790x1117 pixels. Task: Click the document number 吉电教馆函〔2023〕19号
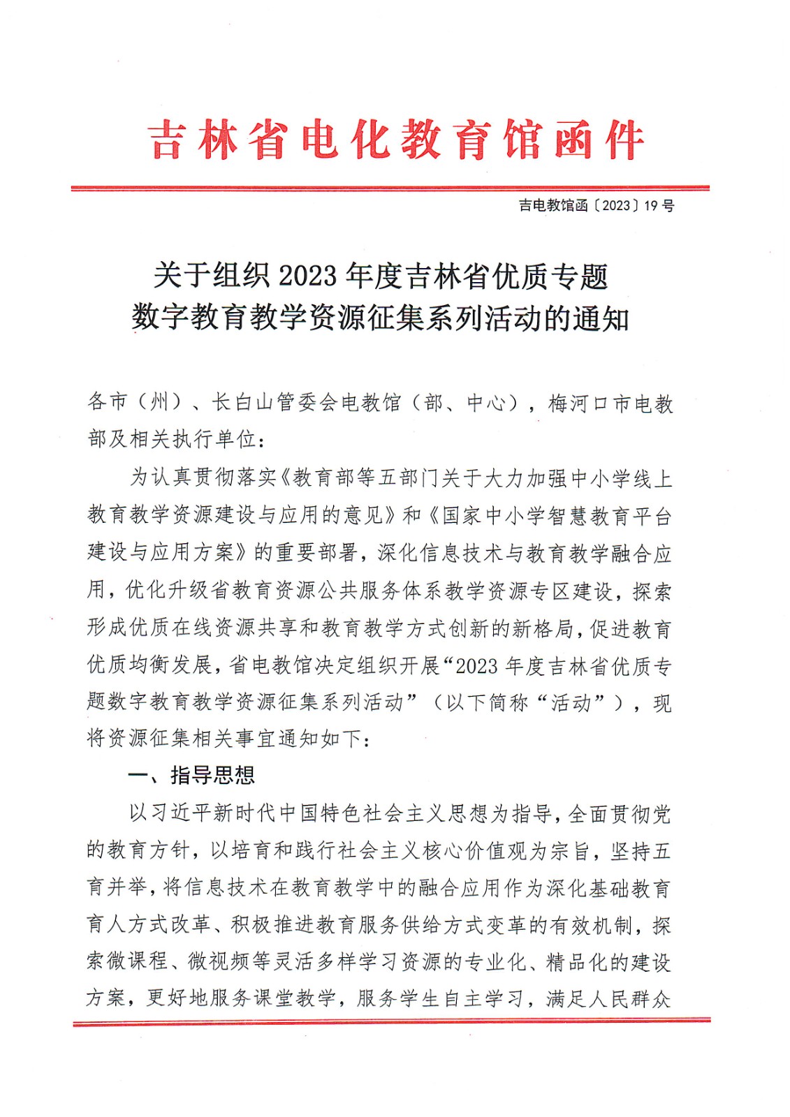tap(596, 205)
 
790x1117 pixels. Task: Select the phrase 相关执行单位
tap(193, 439)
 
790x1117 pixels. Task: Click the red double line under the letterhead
tap(390, 188)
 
